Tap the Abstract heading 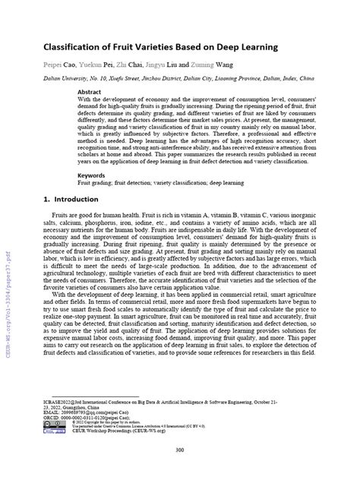pos(90,90)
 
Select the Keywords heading pos(92,175)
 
